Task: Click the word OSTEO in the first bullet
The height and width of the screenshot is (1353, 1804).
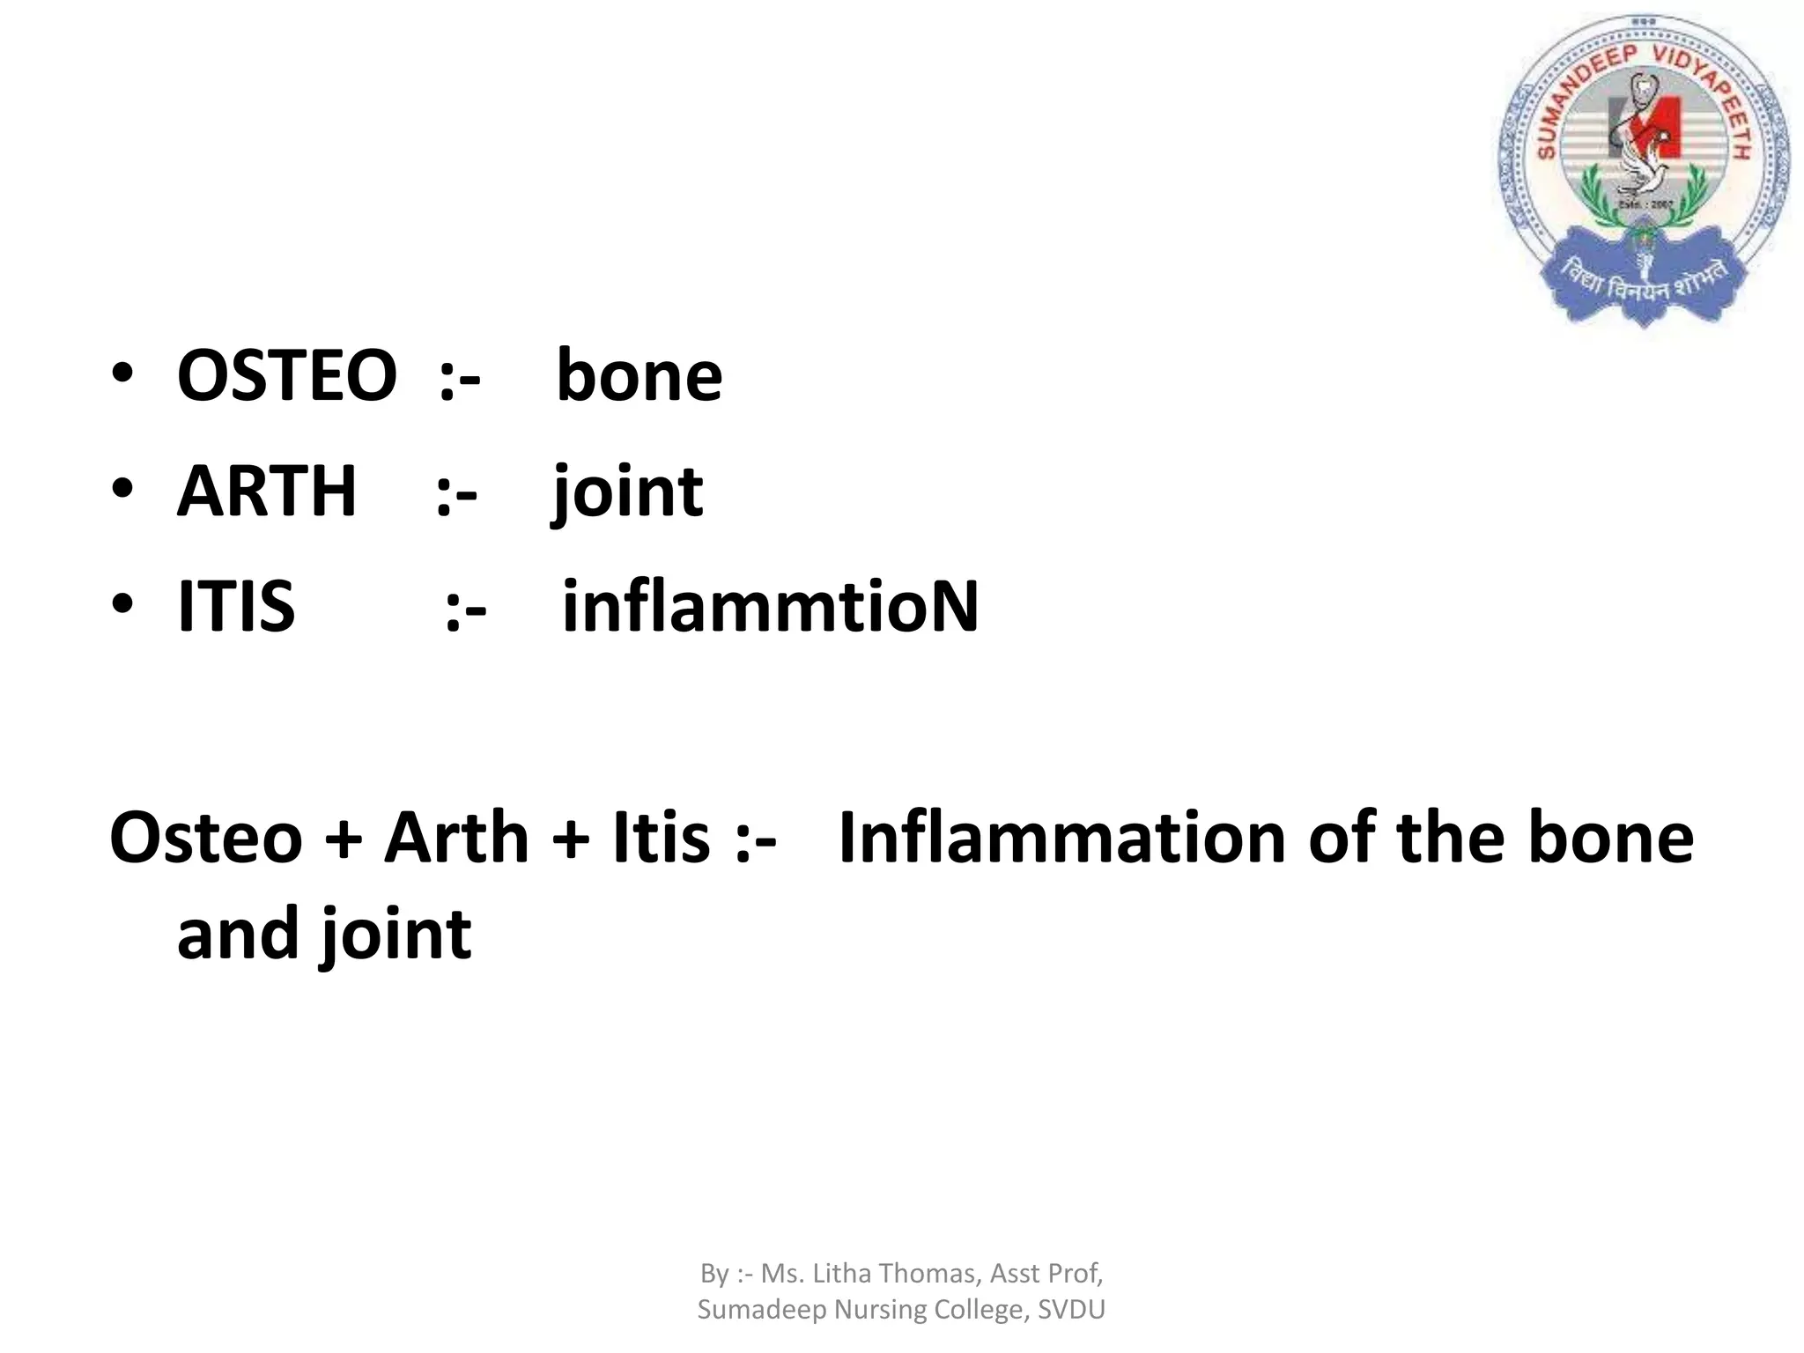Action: pyautogui.click(x=286, y=376)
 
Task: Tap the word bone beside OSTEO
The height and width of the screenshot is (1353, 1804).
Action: pyautogui.click(x=639, y=376)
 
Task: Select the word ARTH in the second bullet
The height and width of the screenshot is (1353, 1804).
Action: pyautogui.click(x=266, y=492)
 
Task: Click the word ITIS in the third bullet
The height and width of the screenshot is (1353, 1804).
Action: pyautogui.click(x=235, y=607)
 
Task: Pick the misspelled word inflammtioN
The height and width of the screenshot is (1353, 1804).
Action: pyautogui.click(x=770, y=607)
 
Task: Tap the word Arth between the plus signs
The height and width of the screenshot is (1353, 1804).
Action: pyautogui.click(x=455, y=838)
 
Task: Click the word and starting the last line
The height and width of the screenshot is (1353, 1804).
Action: pyautogui.click(x=237, y=934)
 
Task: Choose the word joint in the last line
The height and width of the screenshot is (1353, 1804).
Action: pyautogui.click(x=396, y=935)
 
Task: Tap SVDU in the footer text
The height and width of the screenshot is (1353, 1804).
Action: pyautogui.click(x=1070, y=1310)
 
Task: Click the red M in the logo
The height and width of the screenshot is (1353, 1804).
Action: pyautogui.click(x=1645, y=128)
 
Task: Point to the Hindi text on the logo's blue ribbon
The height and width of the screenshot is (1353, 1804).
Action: pyautogui.click(x=1645, y=282)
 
